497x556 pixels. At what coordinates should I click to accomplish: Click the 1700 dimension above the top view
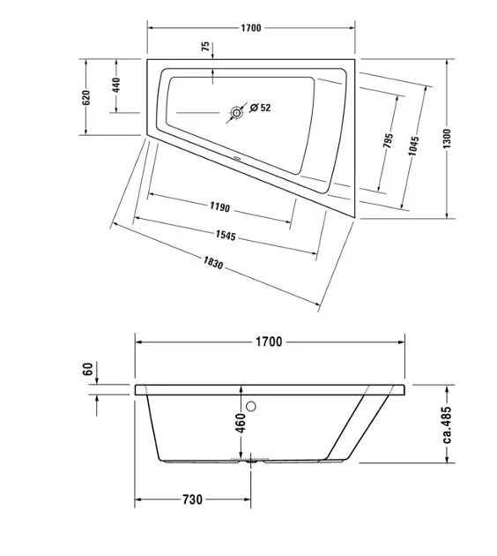click(251, 28)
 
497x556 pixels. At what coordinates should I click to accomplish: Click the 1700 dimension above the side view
click(269, 342)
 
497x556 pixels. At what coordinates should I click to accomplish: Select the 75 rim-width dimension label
click(205, 47)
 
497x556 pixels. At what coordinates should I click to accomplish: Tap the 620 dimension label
click(86, 97)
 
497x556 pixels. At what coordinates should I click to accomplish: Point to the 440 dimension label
click(116, 85)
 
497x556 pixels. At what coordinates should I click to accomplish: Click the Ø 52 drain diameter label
click(260, 108)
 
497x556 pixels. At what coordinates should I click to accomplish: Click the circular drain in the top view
click(236, 113)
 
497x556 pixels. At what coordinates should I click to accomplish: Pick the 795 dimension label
click(389, 141)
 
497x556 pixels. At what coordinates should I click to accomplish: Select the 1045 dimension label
click(413, 146)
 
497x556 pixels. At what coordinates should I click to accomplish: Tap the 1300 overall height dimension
click(447, 139)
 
